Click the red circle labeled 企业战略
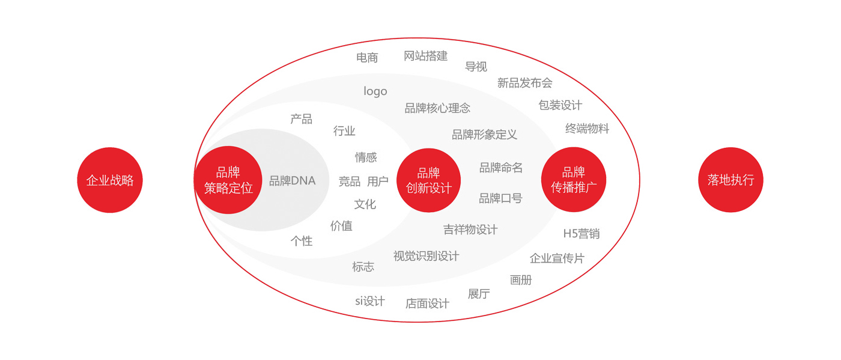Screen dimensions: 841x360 pos(110,180)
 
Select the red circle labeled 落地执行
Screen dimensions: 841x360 pos(730,180)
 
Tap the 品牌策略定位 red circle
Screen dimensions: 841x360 pos(228,180)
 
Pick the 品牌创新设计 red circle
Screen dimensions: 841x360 pos(429,180)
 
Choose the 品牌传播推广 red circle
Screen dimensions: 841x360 pos(574,180)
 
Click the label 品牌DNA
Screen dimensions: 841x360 pos(293,181)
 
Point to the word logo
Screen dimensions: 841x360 pos(375,91)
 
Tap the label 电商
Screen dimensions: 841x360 pos(367,58)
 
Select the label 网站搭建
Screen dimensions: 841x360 pos(426,56)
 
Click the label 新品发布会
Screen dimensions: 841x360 pos(525,83)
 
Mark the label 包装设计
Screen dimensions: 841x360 pos(560,105)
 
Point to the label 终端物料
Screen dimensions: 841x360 pos(587,129)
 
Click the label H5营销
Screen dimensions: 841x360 pos(581,234)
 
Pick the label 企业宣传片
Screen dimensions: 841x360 pos(557,258)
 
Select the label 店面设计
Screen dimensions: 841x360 pos(427,304)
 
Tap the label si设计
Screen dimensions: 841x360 pos(370,301)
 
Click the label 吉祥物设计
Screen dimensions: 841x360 pos(470,229)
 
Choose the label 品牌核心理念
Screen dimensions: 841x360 pos(437,108)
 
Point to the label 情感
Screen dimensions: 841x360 pos(366,157)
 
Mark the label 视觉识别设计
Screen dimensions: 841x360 pos(426,256)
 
